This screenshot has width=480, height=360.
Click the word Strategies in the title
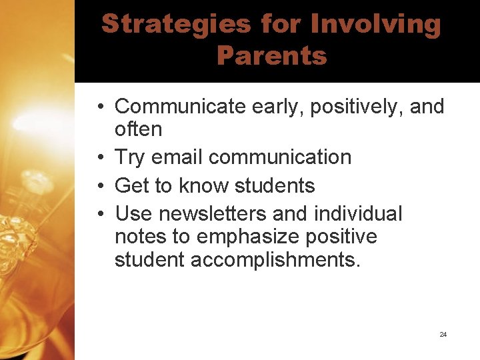point(176,25)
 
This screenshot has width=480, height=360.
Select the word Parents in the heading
point(271,55)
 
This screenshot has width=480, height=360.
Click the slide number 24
point(443,334)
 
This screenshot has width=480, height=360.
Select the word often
point(138,129)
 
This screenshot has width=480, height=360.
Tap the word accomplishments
point(275,259)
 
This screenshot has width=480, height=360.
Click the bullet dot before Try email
point(98,158)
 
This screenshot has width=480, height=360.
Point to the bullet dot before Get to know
point(98,186)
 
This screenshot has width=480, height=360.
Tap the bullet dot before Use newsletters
point(98,214)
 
